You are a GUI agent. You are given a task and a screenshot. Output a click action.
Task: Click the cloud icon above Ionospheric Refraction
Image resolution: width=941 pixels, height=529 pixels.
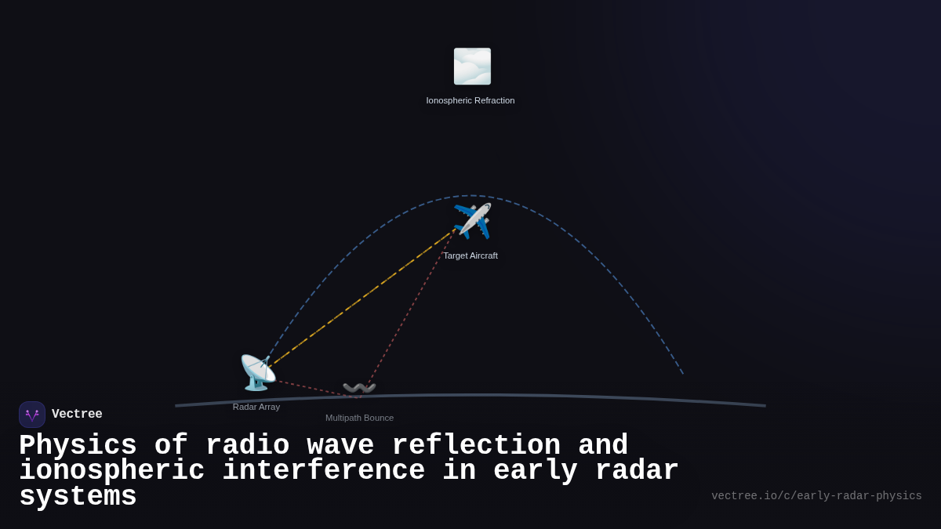tap(472, 67)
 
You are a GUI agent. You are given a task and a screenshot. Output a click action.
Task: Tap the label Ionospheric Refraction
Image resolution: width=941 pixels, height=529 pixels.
tap(470, 100)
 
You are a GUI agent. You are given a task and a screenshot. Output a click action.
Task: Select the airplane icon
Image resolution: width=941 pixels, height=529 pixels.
tap(472, 221)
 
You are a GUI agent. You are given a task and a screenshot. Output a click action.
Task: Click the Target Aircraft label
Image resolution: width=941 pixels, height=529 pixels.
tap(470, 255)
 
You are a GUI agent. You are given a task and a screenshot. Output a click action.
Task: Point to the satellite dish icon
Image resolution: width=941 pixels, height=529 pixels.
tap(257, 373)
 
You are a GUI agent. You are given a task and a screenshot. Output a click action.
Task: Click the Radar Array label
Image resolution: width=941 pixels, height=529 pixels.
tap(256, 407)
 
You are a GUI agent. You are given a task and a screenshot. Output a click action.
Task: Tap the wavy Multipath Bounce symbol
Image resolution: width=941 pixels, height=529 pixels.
tap(359, 388)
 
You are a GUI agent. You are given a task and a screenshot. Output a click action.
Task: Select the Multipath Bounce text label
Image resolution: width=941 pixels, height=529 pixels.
tap(359, 418)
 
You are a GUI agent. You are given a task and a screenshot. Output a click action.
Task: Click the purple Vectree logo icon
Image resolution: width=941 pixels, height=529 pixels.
tap(32, 415)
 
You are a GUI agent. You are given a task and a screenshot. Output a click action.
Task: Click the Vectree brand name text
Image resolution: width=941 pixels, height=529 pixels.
tap(77, 415)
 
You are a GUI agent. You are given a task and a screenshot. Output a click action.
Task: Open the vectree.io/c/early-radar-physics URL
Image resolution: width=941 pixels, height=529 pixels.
tap(816, 496)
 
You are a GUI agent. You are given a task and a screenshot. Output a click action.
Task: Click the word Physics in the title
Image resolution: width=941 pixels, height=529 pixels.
tap(78, 445)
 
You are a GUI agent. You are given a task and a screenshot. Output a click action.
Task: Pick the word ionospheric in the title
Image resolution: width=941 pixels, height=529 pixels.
tap(111, 471)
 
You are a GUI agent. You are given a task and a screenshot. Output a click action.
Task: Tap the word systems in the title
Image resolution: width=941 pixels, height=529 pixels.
tap(78, 497)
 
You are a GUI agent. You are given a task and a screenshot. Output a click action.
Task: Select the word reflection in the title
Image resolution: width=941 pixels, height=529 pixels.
tap(476, 445)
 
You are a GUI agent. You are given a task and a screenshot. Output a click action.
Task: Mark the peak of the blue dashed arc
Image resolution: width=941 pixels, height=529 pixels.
tap(472, 196)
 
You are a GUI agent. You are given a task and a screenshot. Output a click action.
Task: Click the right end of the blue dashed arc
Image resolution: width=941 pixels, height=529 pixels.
tap(682, 373)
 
